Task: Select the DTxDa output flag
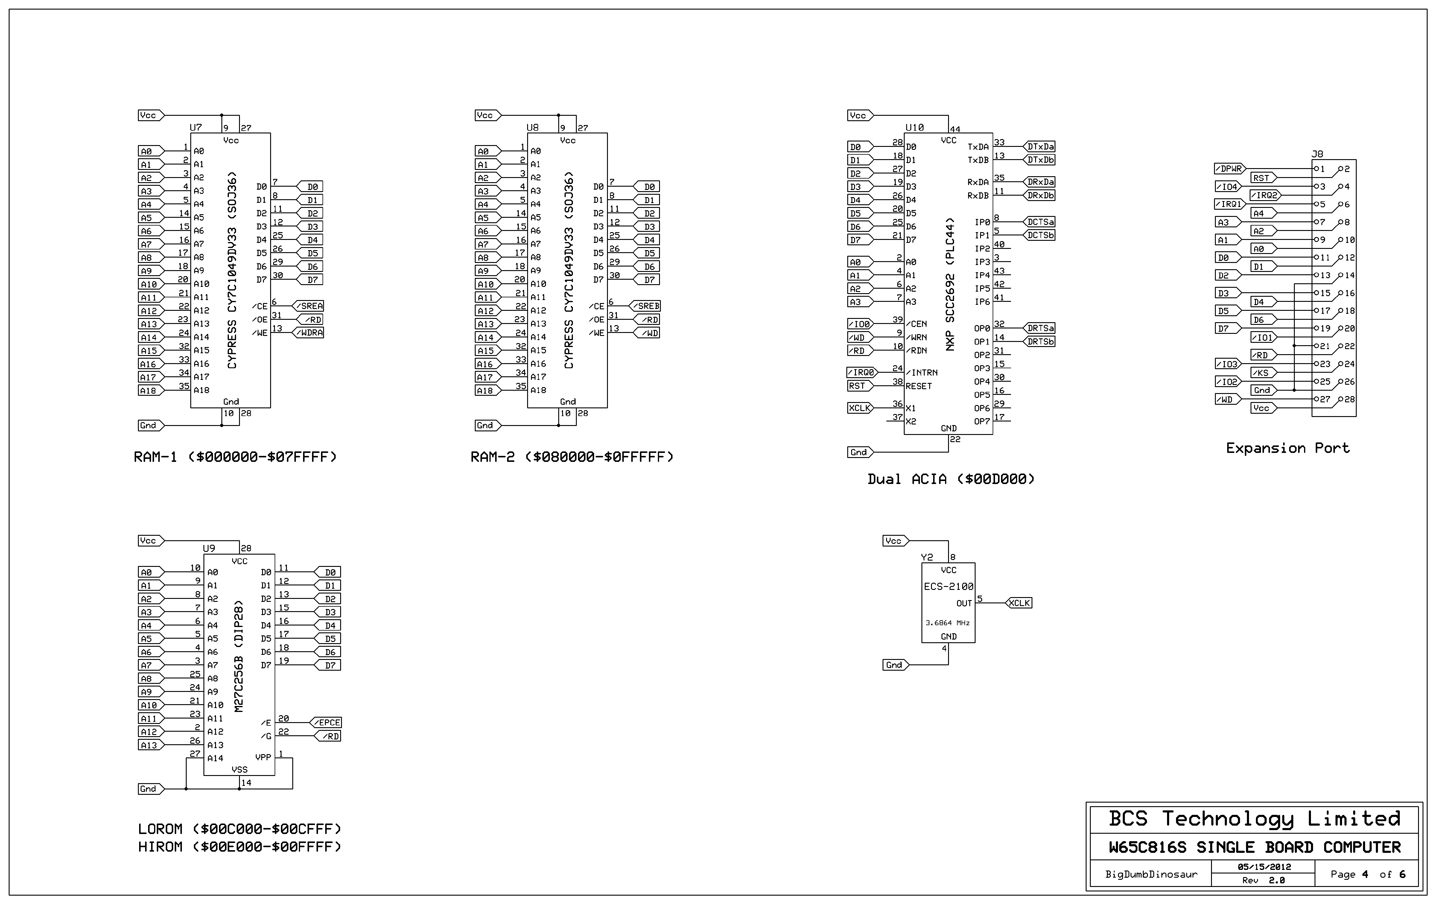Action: point(1039,147)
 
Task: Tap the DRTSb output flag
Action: point(1039,342)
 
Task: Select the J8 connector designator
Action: point(1317,154)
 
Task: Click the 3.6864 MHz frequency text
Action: point(947,623)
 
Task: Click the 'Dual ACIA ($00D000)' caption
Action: point(950,479)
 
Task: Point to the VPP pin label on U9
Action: point(263,757)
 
